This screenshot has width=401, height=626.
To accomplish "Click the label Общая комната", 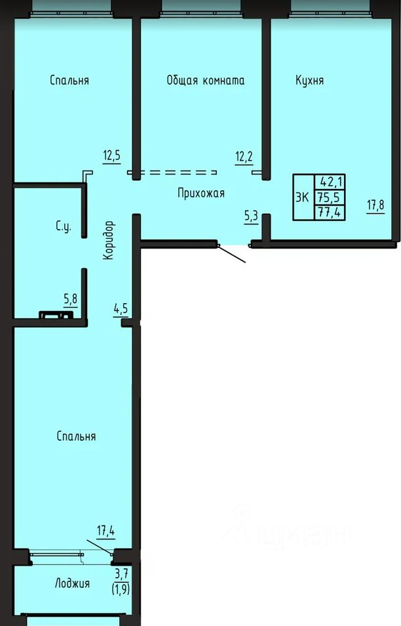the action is pos(205,80).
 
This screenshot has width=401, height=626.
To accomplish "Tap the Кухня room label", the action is pos(310,80).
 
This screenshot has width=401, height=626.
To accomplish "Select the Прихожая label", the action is pos(201,193).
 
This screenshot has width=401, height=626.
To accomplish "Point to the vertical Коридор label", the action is pos(108,240).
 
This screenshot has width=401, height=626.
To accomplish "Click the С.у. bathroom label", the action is pos(64,227).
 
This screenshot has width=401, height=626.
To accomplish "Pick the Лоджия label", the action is pos(72,583).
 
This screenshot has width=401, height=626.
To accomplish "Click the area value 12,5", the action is pos(111,156).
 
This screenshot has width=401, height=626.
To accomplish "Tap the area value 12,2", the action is pos(244,156).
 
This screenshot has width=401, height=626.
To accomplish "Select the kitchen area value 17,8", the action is pos(375,205).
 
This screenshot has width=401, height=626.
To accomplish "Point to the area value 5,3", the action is pos(251,217).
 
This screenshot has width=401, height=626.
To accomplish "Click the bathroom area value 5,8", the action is pos(71,299).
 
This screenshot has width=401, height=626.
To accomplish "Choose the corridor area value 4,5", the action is pos(121,309).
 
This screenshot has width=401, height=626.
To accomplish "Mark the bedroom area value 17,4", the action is pos(106,531).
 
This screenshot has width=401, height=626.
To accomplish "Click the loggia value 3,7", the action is pos(122,575).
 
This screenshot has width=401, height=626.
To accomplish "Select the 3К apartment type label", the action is pos(303,197).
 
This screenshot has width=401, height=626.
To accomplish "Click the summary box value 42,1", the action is pos(330,182).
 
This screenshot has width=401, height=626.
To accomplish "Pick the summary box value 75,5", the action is pos(328,198).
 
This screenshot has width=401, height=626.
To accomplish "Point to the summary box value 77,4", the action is pos(329,211).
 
